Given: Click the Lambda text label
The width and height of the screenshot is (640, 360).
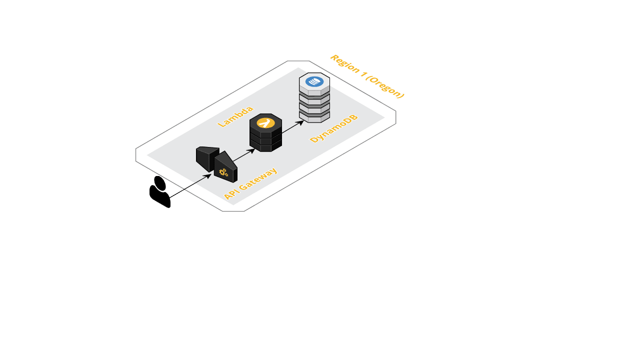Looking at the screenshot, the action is pos(235,116).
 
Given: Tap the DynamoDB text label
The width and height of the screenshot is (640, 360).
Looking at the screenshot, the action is pos(334,129).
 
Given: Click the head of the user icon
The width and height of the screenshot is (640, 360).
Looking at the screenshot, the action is pos(160,183).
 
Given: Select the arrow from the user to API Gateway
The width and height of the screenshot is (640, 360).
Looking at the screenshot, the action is pos(190,186).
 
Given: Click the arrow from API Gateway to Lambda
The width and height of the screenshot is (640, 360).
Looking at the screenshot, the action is pos(243,155).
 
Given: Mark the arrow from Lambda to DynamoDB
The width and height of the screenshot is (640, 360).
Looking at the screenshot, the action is pos(292,127).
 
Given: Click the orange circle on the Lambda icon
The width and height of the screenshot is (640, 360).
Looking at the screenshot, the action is pos(265,122).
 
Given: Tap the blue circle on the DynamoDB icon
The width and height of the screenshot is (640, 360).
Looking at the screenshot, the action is pos(314,81).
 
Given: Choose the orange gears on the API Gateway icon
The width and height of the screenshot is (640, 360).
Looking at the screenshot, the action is pos(223,172).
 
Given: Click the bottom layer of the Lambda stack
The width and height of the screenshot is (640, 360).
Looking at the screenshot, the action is pos(265,147).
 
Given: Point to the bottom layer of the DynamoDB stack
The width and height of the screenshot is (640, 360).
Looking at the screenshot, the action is pos(314,118).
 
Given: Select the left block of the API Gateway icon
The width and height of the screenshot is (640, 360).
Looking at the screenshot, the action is pos(206,157).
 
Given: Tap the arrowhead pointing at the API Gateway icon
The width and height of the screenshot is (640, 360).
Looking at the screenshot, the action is pos(209,175).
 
